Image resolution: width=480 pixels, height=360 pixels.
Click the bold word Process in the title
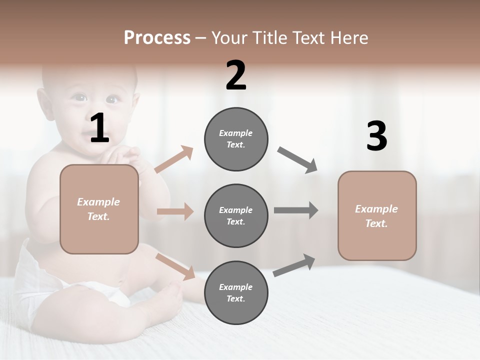coord(157,37)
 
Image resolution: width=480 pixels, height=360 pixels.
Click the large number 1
coord(99,128)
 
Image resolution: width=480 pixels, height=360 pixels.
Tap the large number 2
coord(236,75)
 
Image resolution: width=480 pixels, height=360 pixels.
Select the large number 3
coord(376,136)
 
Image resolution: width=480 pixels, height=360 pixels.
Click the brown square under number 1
coord(99,209)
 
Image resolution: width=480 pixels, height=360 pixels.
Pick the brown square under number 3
coord(377,216)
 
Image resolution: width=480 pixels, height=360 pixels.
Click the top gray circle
coord(236,139)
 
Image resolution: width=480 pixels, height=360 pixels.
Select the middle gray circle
coord(236,216)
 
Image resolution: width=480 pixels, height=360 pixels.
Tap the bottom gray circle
coord(236,293)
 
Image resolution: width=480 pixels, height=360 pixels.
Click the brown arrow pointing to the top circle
coord(174,159)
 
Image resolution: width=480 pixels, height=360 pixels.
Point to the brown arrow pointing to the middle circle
coord(175,211)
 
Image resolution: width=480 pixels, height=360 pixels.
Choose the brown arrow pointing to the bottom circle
coord(175,266)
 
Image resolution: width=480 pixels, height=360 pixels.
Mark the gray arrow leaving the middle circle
coord(296,210)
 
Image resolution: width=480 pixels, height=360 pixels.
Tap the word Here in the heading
coord(349,37)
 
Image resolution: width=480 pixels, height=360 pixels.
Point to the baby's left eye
coord(111,99)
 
